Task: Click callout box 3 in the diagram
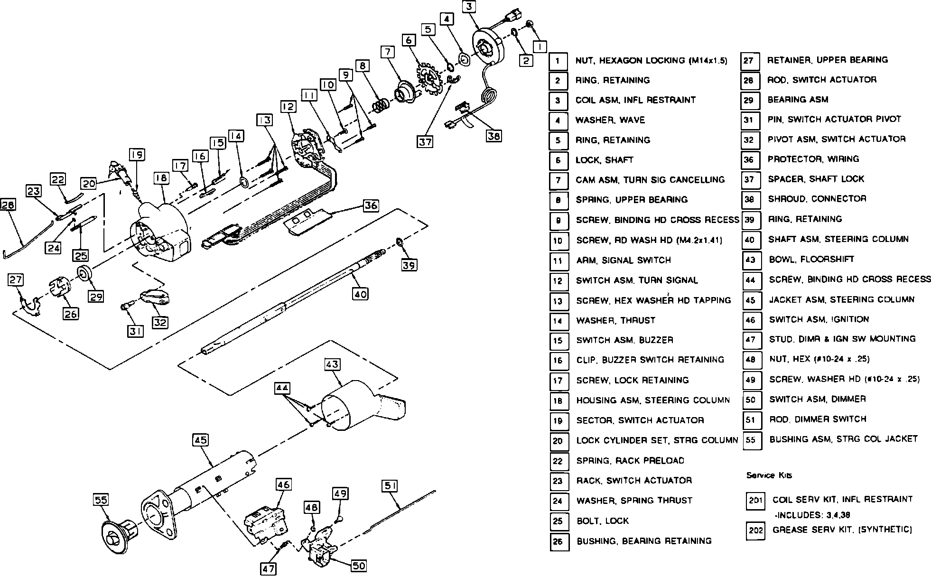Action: pos(469,7)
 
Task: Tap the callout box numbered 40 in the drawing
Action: pos(361,294)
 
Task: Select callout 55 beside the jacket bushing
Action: pos(102,500)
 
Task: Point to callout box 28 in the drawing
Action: pos(8,205)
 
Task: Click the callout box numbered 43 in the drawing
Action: pos(333,364)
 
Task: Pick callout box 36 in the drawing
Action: pos(371,206)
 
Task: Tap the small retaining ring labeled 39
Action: pos(400,243)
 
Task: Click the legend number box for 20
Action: pos(558,441)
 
